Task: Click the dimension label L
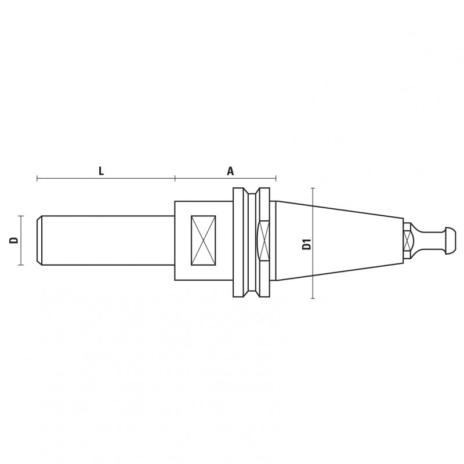pos(101,171)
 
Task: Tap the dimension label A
pos(230,171)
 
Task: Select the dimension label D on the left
pos(14,240)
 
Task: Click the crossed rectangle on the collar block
pos(204,240)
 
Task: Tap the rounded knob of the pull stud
pos(451,240)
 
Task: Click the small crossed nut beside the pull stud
pos(408,240)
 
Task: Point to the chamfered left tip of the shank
pos(39,240)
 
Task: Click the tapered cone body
pos(339,241)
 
